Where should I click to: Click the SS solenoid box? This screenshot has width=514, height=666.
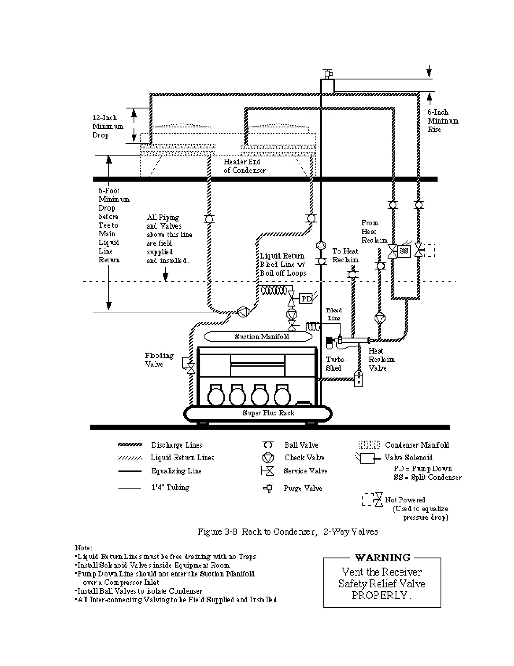pyautogui.click(x=404, y=251)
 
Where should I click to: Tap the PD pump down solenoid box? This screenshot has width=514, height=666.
pyautogui.click(x=307, y=299)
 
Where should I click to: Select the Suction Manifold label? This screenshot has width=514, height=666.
pyautogui.click(x=262, y=337)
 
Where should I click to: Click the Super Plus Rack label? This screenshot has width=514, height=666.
pyautogui.click(x=268, y=413)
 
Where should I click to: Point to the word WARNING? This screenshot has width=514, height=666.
pyautogui.click(x=382, y=558)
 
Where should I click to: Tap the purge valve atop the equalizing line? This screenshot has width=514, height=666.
pyautogui.click(x=327, y=74)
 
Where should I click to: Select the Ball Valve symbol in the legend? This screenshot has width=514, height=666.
pyautogui.click(x=268, y=445)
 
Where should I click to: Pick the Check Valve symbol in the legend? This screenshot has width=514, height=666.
pyautogui.click(x=268, y=458)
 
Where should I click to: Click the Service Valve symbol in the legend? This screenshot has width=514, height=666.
pyautogui.click(x=267, y=471)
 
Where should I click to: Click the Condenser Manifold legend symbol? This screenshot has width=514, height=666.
pyautogui.click(x=369, y=445)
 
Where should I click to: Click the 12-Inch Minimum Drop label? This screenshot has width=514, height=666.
pyautogui.click(x=108, y=126)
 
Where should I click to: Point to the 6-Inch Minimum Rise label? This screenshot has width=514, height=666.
pyautogui.click(x=443, y=121)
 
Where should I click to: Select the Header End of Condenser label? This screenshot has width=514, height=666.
pyautogui.click(x=244, y=166)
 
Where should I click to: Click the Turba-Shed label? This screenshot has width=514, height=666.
pyautogui.click(x=336, y=364)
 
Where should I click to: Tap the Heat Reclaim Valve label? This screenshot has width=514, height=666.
pyautogui.click(x=381, y=359)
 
